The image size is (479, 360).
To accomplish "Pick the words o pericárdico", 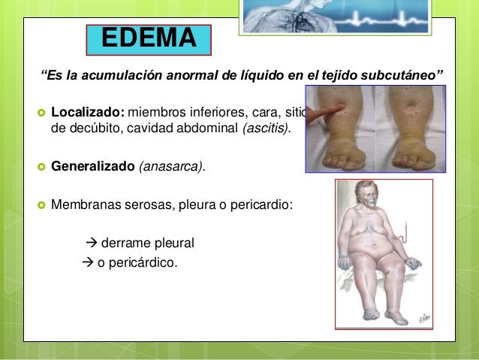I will point(137,262).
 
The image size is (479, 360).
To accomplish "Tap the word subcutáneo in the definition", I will point(408,77).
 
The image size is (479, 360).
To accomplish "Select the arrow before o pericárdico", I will point(85,262).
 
